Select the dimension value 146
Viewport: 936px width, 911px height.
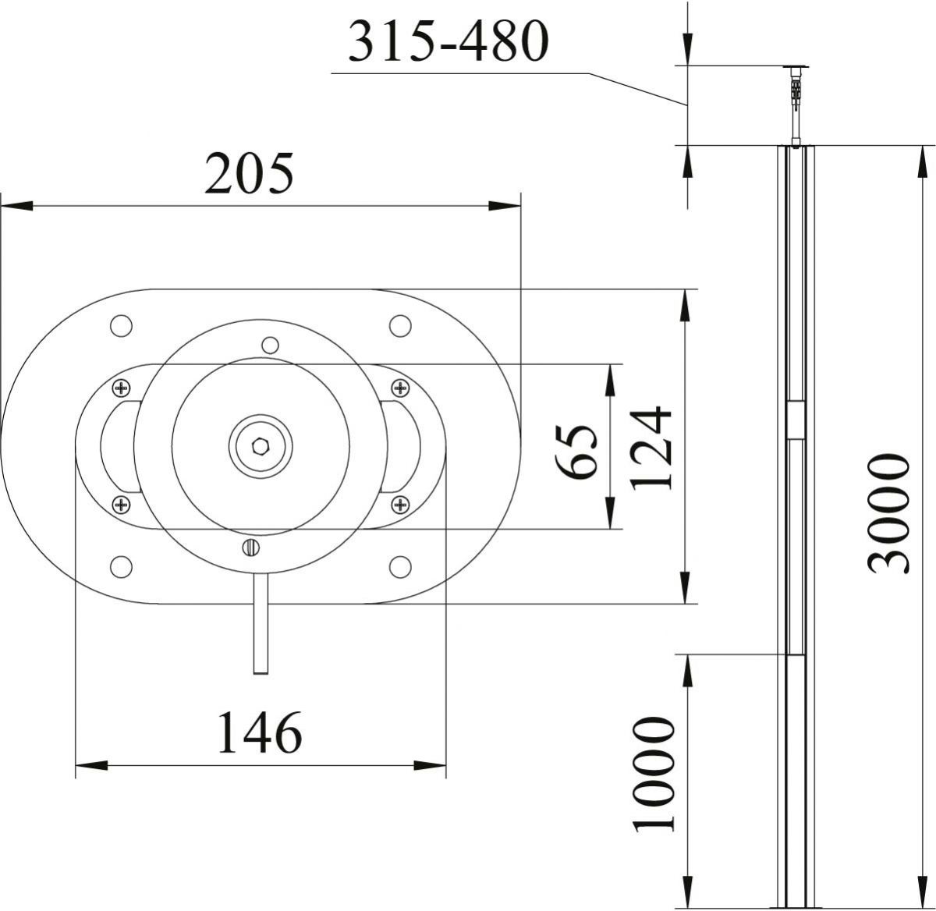click(259, 732)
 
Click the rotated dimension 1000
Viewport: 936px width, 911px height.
click(654, 776)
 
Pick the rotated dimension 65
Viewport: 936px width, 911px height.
click(578, 452)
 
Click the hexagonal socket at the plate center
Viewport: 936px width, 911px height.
click(261, 447)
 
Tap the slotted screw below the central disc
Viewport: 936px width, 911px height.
click(250, 548)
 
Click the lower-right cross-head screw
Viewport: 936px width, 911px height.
click(400, 505)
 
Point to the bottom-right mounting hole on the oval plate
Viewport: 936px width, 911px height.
click(400, 567)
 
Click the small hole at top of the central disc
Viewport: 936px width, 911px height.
click(270, 344)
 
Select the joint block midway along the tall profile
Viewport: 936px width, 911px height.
click(795, 421)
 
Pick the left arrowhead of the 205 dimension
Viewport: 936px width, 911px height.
click(16, 206)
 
